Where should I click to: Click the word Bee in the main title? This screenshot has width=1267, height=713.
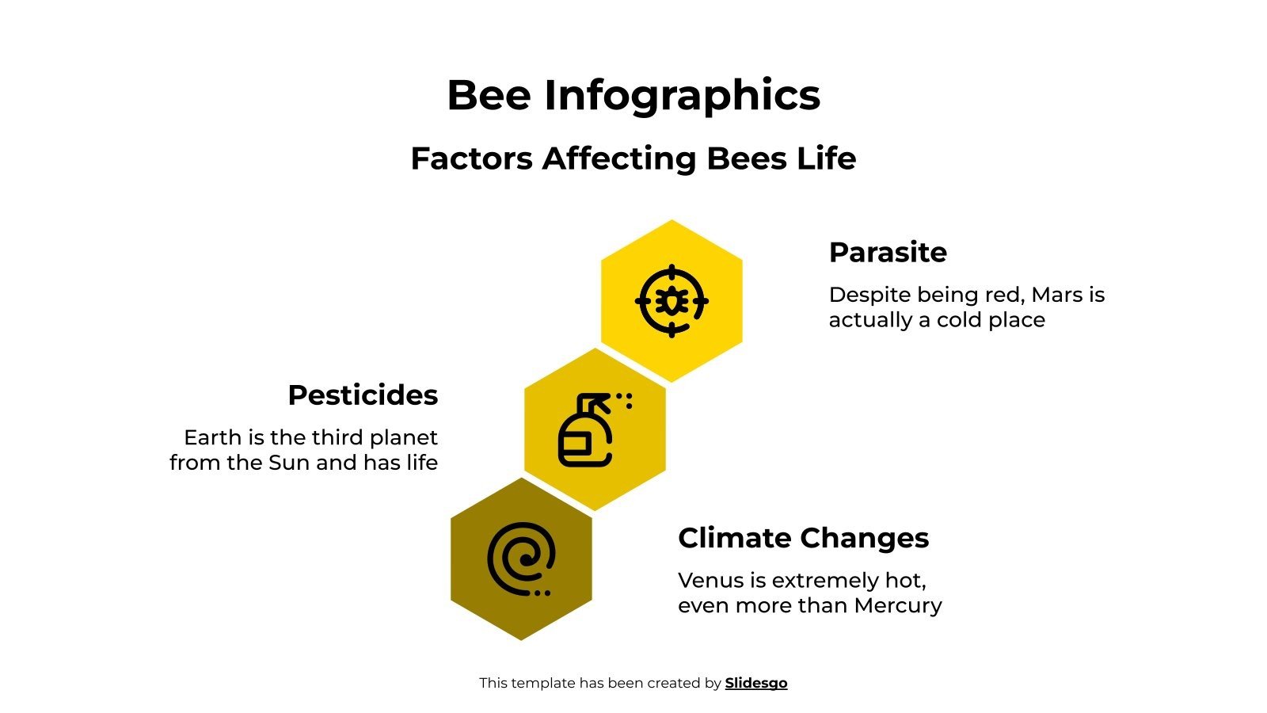489,95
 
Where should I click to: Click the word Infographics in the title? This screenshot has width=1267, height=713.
682,97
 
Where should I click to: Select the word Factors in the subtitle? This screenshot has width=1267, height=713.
472,158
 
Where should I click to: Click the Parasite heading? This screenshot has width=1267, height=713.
888,253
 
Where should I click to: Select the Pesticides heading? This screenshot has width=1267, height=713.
363,395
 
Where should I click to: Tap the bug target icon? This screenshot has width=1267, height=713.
672,301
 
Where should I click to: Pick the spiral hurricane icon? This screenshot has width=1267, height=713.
521,559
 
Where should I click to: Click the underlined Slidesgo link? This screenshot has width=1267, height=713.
756,683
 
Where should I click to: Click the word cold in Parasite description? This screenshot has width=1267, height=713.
961,320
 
